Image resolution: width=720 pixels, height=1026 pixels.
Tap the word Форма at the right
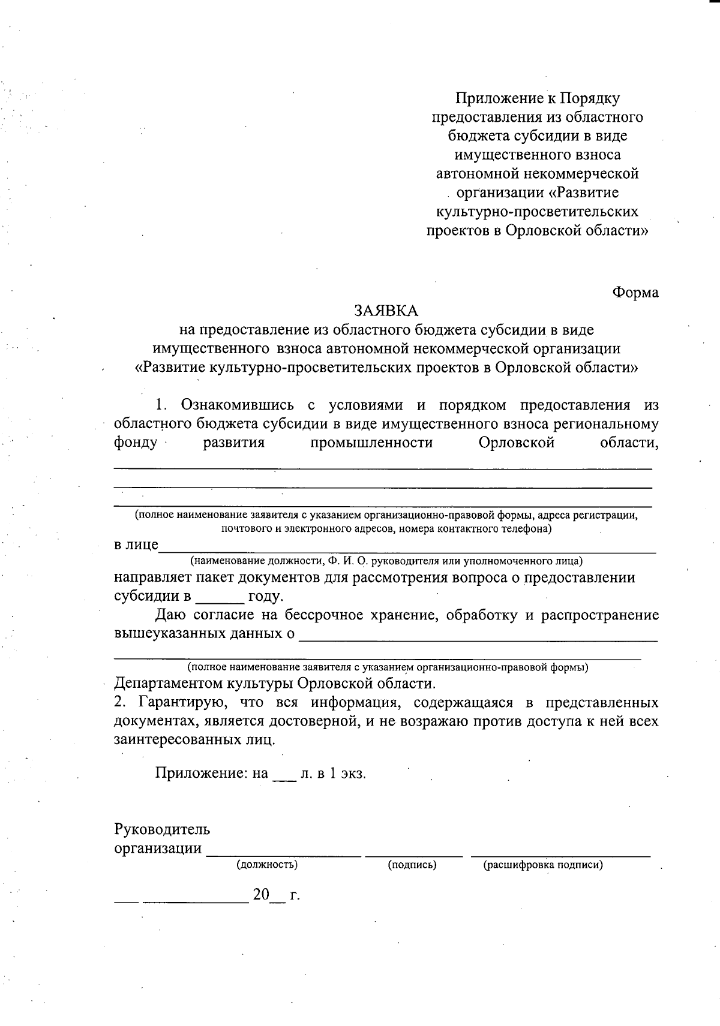pos(635,293)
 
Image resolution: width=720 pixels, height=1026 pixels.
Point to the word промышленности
pos(371,443)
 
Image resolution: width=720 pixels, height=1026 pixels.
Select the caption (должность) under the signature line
pos(267,865)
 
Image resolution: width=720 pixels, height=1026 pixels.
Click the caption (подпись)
pos(412,865)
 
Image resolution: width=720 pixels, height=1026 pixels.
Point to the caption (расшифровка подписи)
pos(542,865)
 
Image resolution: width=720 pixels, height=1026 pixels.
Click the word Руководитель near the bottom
pos(162,830)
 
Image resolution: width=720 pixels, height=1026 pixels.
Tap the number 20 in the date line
pos(261,895)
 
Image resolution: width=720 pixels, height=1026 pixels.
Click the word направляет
pos(153,578)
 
